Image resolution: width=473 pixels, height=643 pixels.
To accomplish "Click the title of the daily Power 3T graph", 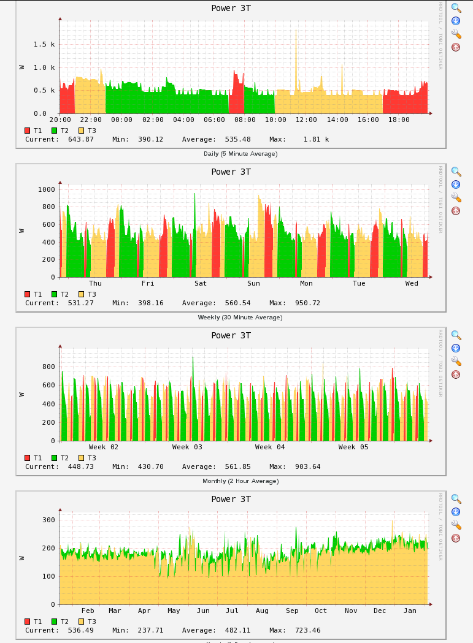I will tap(231, 8).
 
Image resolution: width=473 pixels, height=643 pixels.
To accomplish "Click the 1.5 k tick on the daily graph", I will tap(44, 44).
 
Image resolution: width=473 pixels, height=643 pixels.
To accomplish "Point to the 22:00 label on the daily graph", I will tap(91, 120).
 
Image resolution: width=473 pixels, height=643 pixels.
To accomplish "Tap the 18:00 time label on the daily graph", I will tap(399, 120).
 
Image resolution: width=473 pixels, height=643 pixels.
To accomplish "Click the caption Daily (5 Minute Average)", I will tap(240, 153).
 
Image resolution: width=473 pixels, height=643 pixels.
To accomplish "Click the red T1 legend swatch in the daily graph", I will tap(27, 131).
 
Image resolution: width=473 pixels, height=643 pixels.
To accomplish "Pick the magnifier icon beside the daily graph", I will tap(456, 8).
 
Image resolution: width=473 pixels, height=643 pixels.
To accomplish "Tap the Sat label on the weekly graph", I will tap(201, 283).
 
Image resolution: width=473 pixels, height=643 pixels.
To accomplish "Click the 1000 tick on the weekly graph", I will tap(47, 189).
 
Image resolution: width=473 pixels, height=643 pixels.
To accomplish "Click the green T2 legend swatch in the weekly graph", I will tap(54, 294).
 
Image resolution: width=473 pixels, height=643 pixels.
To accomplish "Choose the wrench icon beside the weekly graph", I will tap(456, 197).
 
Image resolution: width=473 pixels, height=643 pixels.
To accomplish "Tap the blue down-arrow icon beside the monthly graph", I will tap(456, 348).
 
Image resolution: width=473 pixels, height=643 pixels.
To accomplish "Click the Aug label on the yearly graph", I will tap(262, 611).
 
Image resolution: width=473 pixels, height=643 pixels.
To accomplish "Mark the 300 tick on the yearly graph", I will tap(48, 520).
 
